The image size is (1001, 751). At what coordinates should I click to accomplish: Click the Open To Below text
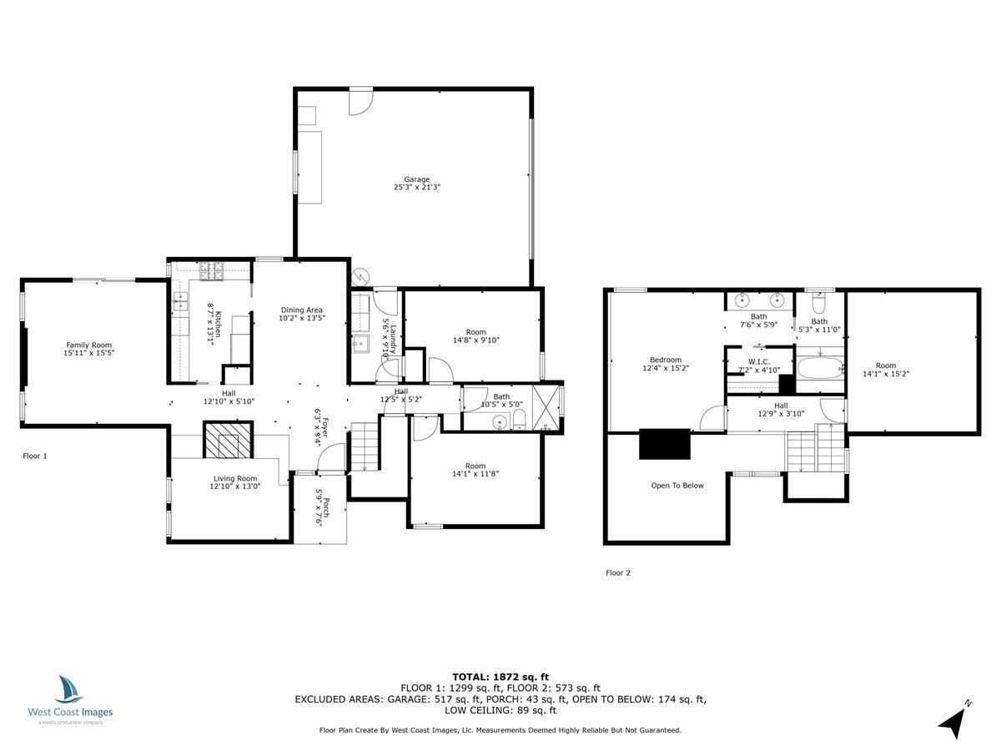677,486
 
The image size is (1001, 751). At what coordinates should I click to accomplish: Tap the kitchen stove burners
212,271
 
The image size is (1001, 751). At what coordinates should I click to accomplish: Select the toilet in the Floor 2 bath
819,304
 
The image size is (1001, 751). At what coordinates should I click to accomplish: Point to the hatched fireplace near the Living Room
228,440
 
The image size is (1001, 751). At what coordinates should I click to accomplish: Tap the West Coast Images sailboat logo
68,689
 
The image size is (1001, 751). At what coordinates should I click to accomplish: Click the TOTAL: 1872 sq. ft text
500,677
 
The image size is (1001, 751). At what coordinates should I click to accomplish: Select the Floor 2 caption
618,572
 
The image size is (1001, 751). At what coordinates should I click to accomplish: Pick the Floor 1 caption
35,456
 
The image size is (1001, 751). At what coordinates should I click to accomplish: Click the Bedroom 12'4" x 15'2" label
666,364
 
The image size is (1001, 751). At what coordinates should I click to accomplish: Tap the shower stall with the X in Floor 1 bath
546,407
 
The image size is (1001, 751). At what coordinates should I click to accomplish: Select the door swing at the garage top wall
361,101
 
